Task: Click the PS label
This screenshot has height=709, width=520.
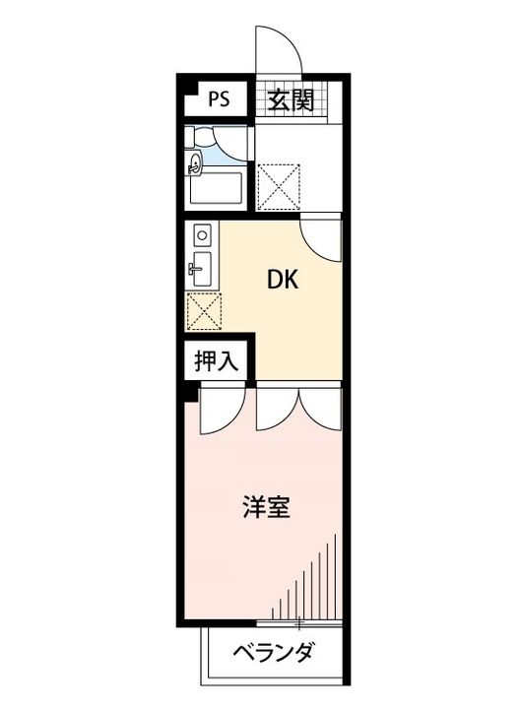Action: pyautogui.click(x=219, y=99)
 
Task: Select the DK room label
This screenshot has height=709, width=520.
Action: pyautogui.click(x=286, y=279)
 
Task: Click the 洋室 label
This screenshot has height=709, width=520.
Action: pyautogui.click(x=266, y=508)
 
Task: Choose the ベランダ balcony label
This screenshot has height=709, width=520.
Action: pyautogui.click(x=275, y=653)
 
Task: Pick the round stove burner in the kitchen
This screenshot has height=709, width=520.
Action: pyautogui.click(x=203, y=236)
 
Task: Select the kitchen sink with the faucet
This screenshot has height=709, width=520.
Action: pyautogui.click(x=201, y=266)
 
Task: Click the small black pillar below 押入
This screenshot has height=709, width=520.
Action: pyautogui.click(x=184, y=395)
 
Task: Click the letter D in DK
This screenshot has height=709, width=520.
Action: pyautogui.click(x=277, y=279)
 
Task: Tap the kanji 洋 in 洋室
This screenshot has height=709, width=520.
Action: pyautogui.click(x=254, y=508)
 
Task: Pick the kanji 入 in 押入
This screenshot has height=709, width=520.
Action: pyautogui.click(x=227, y=360)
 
